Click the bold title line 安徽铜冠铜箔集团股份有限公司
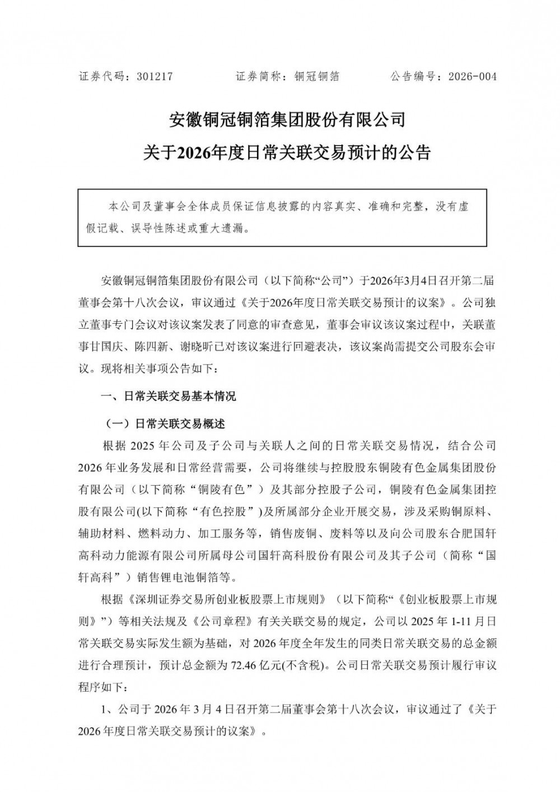287,119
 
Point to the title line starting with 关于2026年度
287,152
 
